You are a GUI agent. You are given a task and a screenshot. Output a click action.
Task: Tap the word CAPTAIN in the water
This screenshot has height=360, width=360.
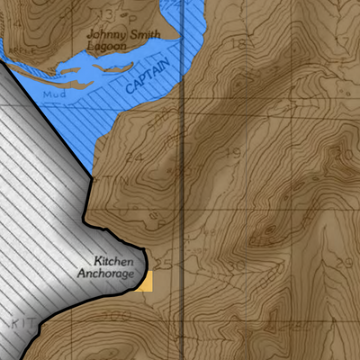tap(147, 78)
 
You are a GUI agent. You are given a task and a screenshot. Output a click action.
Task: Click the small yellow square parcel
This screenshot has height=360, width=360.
tap(145, 282)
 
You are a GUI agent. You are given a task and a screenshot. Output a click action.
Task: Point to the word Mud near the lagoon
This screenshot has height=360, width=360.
tap(57, 93)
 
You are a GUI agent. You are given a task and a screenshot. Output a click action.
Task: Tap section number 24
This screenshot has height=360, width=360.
tap(136, 156)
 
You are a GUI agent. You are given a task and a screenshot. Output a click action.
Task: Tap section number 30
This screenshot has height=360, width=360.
tap(237, 266)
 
